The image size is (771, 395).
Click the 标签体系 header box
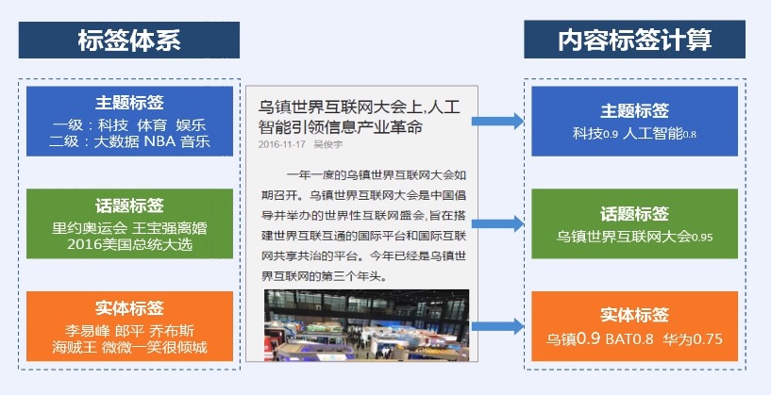click(x=129, y=40)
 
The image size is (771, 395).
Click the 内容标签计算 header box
click(x=634, y=40)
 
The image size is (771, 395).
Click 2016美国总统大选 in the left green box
click(x=130, y=244)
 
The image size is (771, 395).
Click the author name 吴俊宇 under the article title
click(x=327, y=144)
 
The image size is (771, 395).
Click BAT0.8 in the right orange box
click(x=629, y=337)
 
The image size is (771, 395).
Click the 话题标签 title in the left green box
click(x=129, y=206)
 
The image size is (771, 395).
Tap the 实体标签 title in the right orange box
click(x=634, y=315)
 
